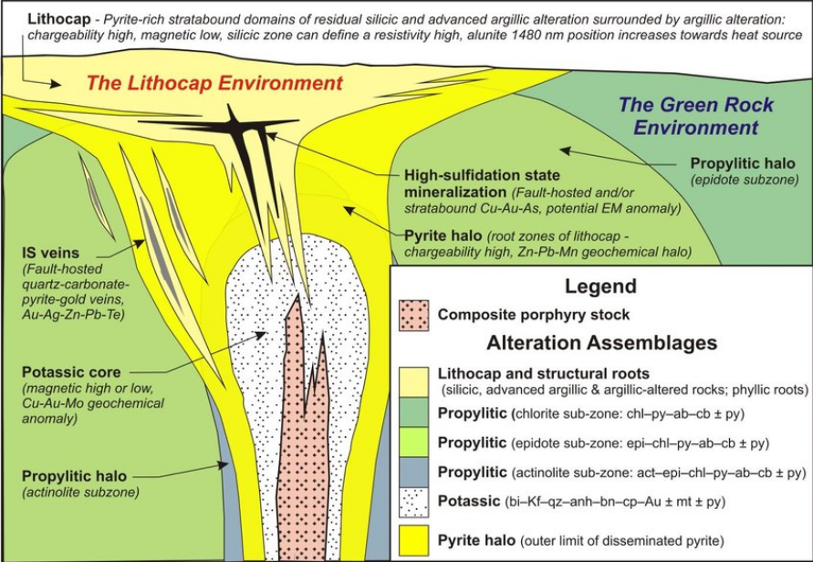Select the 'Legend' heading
[600, 286]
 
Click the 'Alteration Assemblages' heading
[602, 344]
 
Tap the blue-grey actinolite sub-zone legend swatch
[415, 472]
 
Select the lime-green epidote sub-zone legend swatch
[415, 442]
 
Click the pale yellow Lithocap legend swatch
[415, 381]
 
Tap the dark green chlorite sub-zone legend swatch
[415, 412]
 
